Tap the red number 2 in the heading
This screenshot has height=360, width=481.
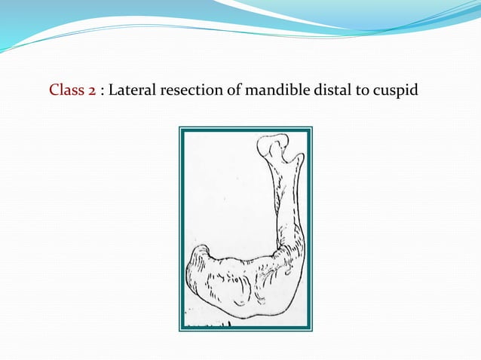tap(91, 91)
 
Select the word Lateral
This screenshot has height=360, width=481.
tap(133, 91)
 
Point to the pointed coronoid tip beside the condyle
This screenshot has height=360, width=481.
tap(298, 158)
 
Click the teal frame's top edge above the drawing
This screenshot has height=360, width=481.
tap(245, 129)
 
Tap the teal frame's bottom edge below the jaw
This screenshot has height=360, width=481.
tap(245, 329)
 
